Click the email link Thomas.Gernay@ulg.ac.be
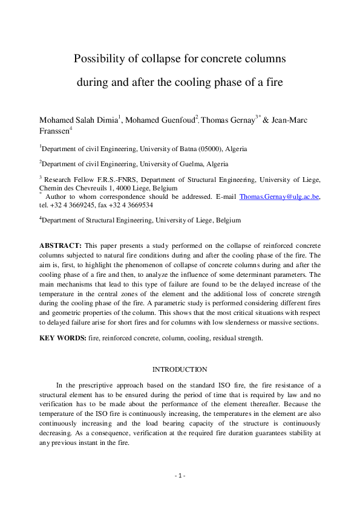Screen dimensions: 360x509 [280, 196]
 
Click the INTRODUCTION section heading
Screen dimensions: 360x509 [180, 369]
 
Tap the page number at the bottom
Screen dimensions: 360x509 [180, 476]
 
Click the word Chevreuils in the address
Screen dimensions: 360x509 [94, 188]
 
